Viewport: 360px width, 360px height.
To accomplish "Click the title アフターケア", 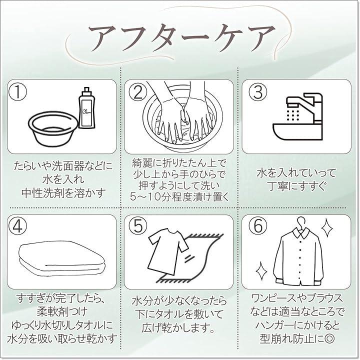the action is (182, 38).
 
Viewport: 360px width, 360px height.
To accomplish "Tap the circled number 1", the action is (17, 91).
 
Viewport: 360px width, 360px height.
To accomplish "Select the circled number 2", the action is (138, 91).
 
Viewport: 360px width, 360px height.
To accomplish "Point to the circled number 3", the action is (258, 91).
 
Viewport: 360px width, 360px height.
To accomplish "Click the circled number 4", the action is (17, 226).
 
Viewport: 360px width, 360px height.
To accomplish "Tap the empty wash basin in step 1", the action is (53, 128).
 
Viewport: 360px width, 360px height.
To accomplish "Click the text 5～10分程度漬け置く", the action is (179, 197).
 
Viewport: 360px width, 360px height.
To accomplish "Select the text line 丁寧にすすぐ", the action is (297, 186).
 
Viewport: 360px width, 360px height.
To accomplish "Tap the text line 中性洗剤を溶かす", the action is (63, 193).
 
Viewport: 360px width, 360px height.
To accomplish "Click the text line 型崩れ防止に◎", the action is (297, 337).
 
